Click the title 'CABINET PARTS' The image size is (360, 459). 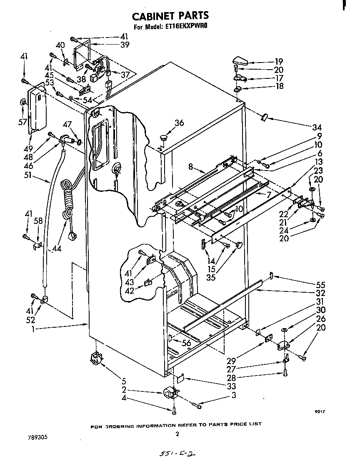tap(170, 16)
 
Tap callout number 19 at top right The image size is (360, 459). tap(279, 61)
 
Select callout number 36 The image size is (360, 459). tap(179, 123)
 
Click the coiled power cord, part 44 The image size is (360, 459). tap(67, 196)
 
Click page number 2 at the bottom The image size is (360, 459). tap(177, 434)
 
